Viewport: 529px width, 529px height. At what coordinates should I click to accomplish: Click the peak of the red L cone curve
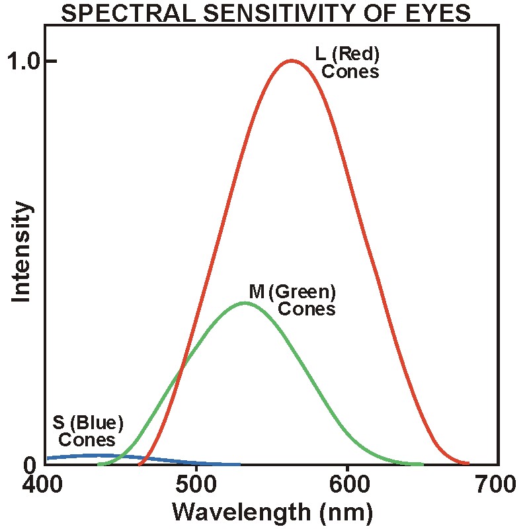click(x=292, y=61)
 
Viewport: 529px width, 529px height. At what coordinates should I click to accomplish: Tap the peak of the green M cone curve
click(x=245, y=303)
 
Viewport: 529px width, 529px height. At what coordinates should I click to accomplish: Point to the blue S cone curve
click(x=99, y=455)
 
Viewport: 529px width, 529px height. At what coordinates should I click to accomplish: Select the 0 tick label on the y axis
click(x=29, y=466)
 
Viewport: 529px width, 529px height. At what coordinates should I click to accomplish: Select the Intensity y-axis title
click(x=22, y=252)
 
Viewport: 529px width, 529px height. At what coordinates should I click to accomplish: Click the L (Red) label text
click(x=347, y=54)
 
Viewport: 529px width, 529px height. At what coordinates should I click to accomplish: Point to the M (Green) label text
click(x=293, y=291)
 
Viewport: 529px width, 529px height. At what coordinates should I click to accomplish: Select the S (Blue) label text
click(x=88, y=423)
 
